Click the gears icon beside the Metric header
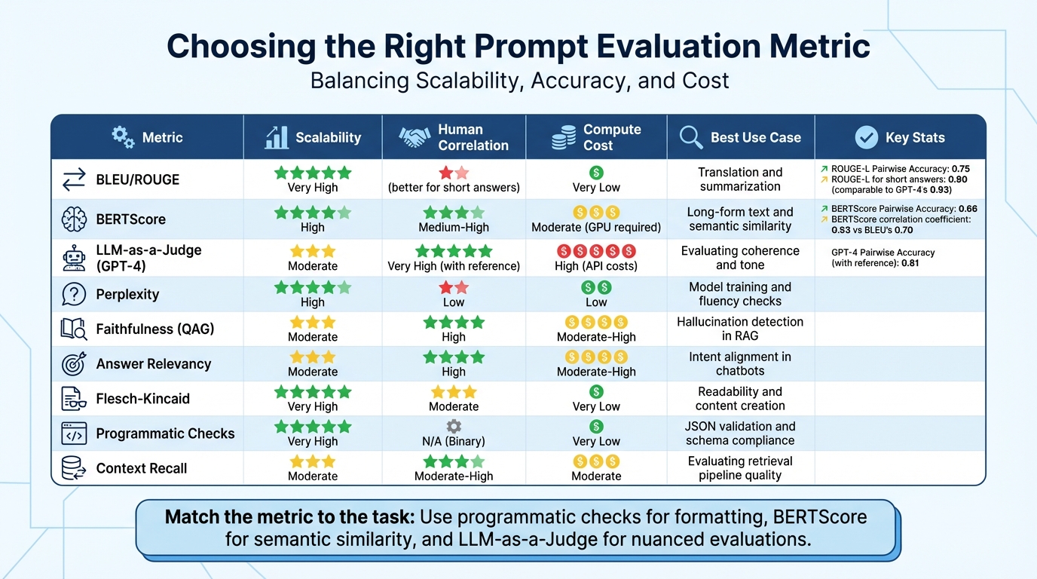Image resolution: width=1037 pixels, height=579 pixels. click(x=123, y=136)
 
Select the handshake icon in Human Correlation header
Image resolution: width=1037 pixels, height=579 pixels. click(x=414, y=137)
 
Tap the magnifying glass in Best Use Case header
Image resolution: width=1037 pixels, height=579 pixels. click(x=690, y=137)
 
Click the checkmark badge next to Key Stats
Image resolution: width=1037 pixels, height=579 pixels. click(x=867, y=137)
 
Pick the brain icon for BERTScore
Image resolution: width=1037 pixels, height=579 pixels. click(x=74, y=219)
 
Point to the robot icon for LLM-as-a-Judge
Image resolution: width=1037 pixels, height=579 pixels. click(x=74, y=258)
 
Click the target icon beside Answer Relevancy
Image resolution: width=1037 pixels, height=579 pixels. click(x=74, y=364)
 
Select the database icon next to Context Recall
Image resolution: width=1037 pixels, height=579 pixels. click(x=74, y=468)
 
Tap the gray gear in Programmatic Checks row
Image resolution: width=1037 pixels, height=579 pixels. click(x=454, y=426)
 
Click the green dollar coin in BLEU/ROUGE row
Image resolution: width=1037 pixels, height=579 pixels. click(x=596, y=173)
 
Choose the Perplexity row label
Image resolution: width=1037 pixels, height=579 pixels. click(x=127, y=294)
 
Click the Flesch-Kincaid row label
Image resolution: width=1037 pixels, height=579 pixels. click(x=142, y=399)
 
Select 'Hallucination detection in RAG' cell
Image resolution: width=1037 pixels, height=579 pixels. click(x=740, y=329)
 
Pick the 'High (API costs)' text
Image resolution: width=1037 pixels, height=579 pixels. click(x=596, y=265)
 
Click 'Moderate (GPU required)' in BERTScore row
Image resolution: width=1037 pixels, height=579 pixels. click(x=596, y=227)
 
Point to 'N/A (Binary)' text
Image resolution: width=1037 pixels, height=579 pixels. click(x=454, y=441)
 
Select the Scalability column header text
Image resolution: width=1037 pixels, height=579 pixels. click(x=328, y=137)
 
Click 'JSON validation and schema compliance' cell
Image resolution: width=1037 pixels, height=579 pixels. click(x=740, y=433)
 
